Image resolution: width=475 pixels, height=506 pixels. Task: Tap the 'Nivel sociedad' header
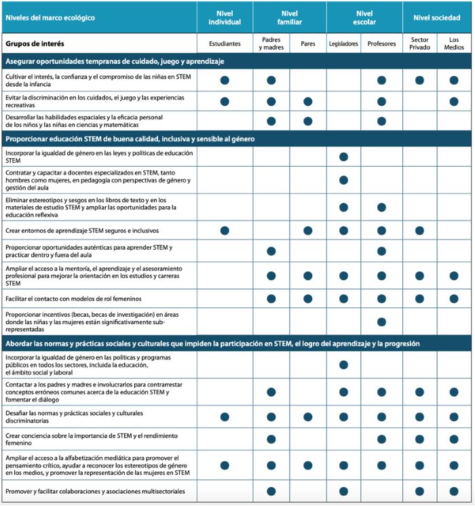(437, 17)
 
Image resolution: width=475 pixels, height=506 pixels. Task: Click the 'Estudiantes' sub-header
(224, 44)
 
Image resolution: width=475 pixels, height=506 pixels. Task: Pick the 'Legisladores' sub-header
(343, 44)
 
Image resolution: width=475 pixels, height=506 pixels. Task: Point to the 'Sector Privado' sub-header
(419, 44)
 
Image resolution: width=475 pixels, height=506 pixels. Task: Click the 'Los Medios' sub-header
(454, 44)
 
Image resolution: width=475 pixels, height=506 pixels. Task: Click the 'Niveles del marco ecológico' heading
(50, 17)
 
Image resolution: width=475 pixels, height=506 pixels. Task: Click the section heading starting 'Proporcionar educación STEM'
(130, 139)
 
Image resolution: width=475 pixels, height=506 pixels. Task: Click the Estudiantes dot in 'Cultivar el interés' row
(224, 80)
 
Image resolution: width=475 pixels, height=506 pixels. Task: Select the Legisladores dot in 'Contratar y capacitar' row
(343, 180)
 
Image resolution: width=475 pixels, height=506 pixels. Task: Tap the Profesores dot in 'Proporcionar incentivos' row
(381, 322)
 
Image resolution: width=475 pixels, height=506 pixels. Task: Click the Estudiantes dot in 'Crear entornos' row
(224, 231)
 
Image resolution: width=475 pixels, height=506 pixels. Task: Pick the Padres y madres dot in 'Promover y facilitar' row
(271, 491)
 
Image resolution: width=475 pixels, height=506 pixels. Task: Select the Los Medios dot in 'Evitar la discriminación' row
(454, 102)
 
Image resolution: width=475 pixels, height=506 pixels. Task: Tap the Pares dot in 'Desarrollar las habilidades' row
(307, 121)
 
